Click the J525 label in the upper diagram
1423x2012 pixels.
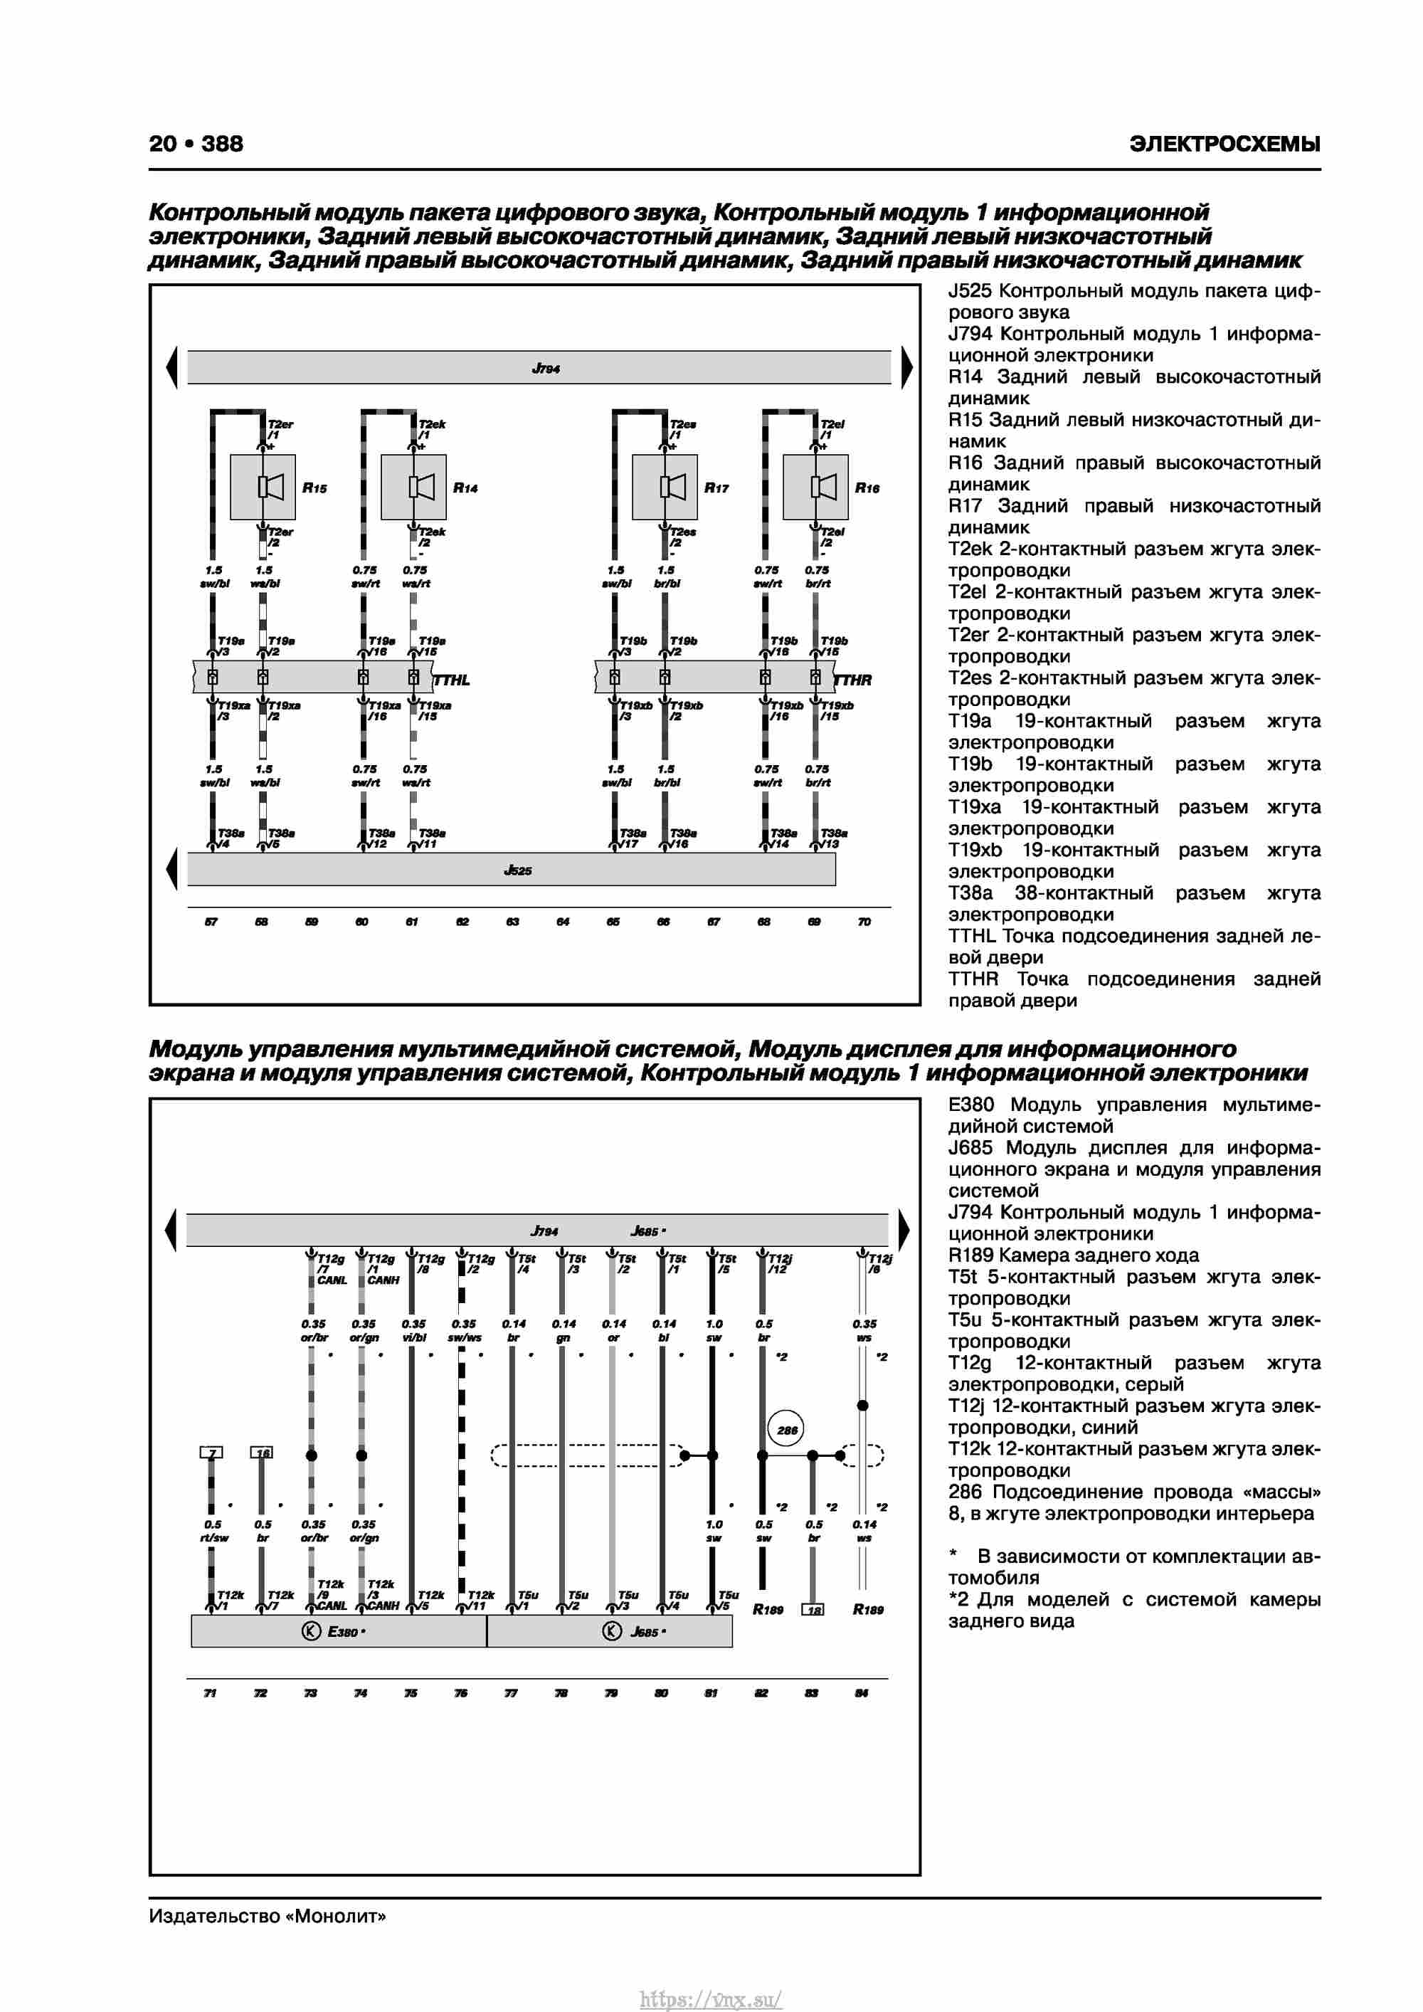click(x=518, y=870)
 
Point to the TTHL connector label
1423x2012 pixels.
click(x=452, y=680)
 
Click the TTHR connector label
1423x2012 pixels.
click(x=854, y=680)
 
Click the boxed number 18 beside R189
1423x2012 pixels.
click(x=813, y=1610)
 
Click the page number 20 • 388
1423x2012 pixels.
click(x=196, y=144)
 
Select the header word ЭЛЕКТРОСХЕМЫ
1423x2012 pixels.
click(x=1224, y=144)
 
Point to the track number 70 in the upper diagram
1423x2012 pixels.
click(x=864, y=921)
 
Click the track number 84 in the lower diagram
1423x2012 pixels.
click(x=862, y=1693)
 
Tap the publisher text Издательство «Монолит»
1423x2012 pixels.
click(x=268, y=1916)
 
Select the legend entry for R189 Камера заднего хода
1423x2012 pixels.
click(x=1074, y=1255)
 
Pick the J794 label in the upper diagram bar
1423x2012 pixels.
click(x=545, y=369)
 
